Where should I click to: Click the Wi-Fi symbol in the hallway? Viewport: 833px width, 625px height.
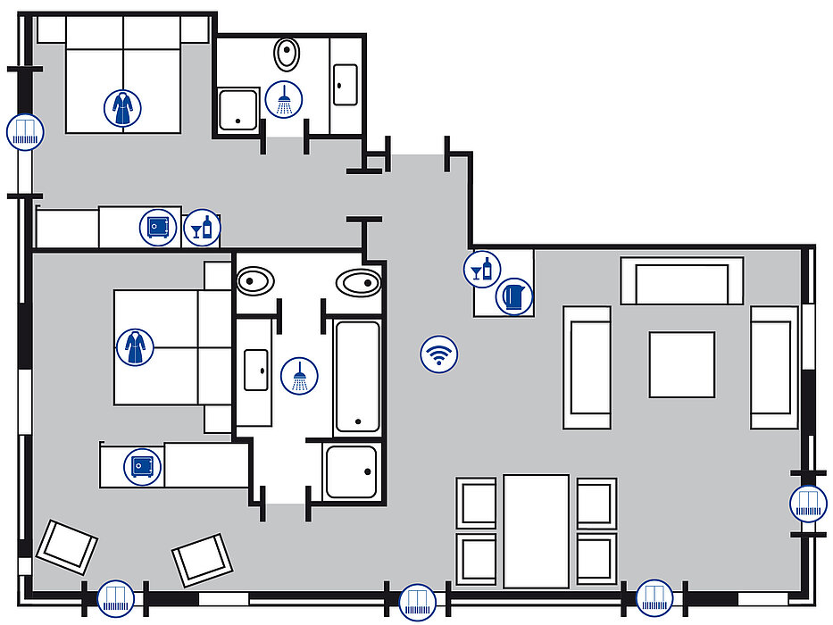coord(437,354)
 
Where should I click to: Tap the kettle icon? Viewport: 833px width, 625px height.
coord(514,296)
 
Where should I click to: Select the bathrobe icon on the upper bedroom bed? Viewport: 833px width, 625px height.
coord(121,107)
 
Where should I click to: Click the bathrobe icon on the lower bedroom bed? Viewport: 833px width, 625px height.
coord(134,346)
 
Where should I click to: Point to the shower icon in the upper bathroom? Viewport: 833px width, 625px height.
coord(285,98)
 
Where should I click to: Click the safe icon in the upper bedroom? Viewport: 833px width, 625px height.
coord(158,227)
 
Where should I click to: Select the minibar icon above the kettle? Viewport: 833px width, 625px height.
coord(482,268)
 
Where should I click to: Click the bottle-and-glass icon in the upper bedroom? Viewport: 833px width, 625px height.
coord(202,228)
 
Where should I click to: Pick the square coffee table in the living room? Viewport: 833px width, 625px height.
coord(681,364)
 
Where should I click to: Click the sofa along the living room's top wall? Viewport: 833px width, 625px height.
coord(687,281)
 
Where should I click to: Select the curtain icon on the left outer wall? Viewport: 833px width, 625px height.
coord(24,132)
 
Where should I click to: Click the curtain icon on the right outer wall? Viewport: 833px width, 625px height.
coord(809,504)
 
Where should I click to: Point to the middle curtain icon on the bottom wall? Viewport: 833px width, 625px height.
coord(416,600)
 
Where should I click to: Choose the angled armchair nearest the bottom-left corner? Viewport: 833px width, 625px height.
coord(66,546)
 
